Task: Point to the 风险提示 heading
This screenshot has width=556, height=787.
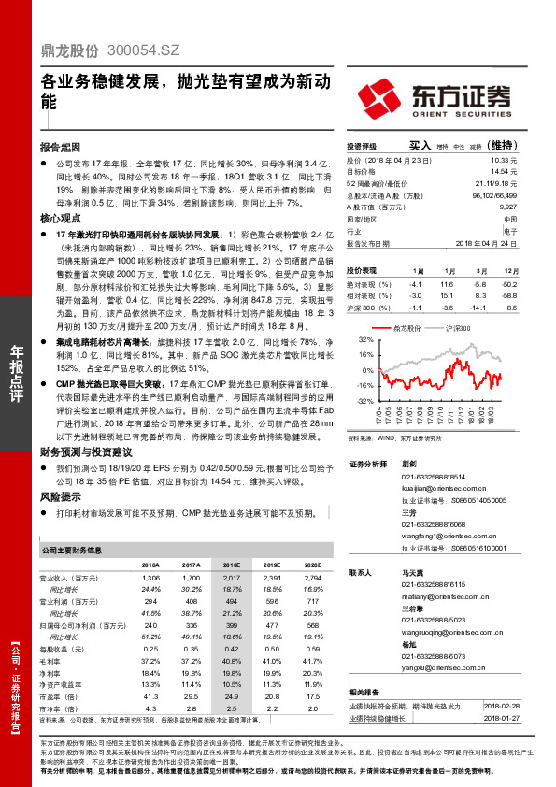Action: pos(61,496)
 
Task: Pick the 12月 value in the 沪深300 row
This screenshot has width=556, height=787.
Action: pos(508,306)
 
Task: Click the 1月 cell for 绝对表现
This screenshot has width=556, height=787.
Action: pos(418,283)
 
